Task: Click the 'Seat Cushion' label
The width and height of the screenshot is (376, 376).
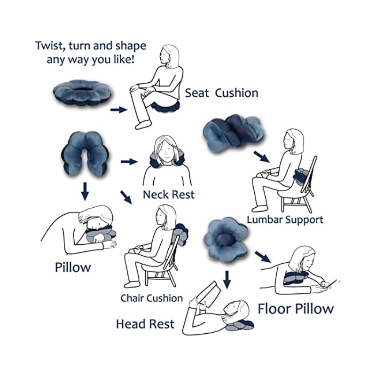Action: pyautogui.click(x=221, y=93)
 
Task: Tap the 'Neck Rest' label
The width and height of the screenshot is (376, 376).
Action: pyautogui.click(x=169, y=195)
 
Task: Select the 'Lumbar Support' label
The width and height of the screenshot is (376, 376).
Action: pyautogui.click(x=285, y=220)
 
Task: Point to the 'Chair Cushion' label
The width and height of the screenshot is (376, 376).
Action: pyautogui.click(x=151, y=298)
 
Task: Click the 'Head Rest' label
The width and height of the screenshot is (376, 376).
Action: pyautogui.click(x=145, y=324)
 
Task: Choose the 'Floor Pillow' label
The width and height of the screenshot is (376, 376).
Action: pyautogui.click(x=296, y=309)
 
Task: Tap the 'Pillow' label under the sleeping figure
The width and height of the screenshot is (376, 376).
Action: pyautogui.click(x=73, y=267)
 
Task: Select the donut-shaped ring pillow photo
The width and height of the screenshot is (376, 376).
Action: pyautogui.click(x=83, y=94)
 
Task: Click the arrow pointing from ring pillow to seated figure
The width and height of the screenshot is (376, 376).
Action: pyautogui.click(x=119, y=110)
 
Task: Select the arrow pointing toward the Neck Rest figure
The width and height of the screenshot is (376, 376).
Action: pyautogui.click(x=129, y=162)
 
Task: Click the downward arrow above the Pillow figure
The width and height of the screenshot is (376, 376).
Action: pyautogui.click(x=85, y=191)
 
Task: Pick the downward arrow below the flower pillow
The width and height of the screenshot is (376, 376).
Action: pyautogui.click(x=227, y=280)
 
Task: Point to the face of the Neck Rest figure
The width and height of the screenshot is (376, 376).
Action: pyautogui.click(x=164, y=151)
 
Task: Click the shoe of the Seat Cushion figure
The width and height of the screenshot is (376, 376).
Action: pyautogui.click(x=143, y=125)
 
